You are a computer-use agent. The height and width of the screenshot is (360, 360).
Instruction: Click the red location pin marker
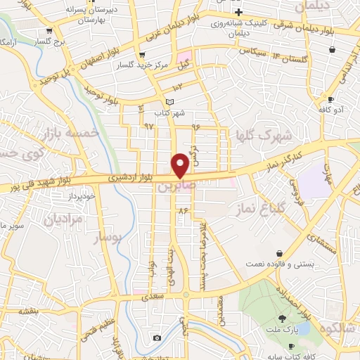tap(180, 165)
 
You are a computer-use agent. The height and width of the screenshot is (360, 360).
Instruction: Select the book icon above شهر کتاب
tap(169, 102)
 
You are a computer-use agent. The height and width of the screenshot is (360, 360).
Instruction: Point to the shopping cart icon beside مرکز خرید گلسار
tap(143, 55)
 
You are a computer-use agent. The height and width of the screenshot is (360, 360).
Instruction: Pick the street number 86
tap(184, 210)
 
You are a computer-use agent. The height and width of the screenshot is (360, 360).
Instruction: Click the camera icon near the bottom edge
tap(156, 338)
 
